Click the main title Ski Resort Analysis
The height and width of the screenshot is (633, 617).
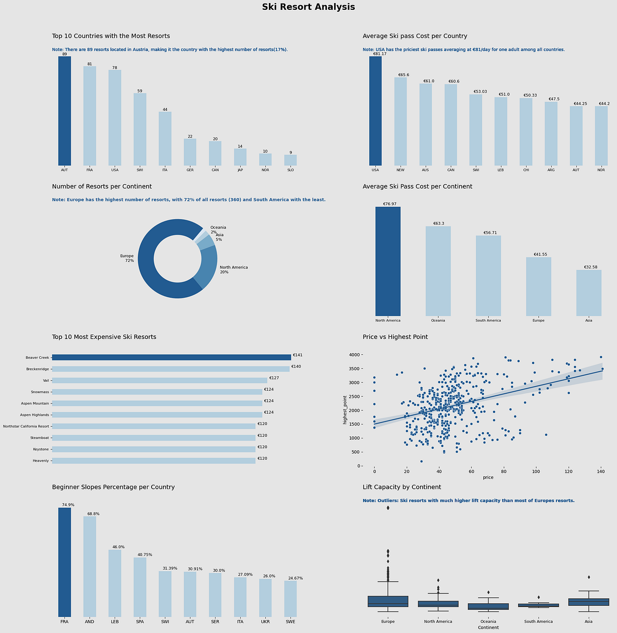[x=308, y=7]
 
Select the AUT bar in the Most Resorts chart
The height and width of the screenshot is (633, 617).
[x=64, y=110]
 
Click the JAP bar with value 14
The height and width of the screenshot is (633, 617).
[x=240, y=157]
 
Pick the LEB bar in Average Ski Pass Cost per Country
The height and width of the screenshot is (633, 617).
[x=501, y=131]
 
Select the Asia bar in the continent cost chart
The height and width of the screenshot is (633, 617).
[x=589, y=293]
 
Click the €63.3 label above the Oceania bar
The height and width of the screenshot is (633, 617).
[x=438, y=224]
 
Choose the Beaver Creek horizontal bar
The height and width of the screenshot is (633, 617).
[x=171, y=357]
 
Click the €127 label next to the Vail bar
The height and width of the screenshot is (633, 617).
[x=274, y=378]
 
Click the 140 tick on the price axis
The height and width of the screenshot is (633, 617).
[x=601, y=471]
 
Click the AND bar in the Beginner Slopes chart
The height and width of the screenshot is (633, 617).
[x=89, y=566]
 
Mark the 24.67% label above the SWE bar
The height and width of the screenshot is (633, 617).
[x=295, y=578]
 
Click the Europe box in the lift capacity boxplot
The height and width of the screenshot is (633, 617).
[x=388, y=602]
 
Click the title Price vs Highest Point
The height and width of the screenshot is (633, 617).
[x=395, y=337]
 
